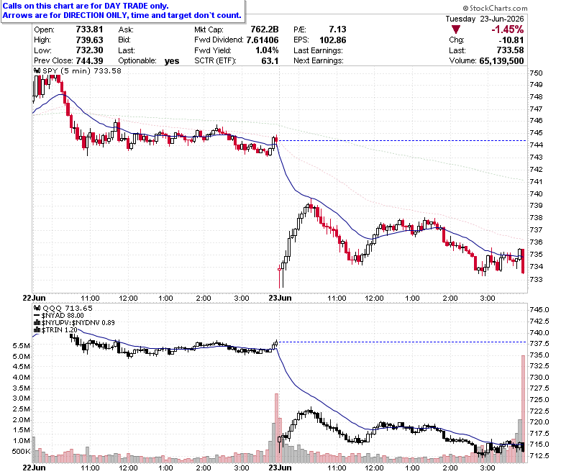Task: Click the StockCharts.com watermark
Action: tap(495, 8)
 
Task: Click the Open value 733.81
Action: tap(89, 29)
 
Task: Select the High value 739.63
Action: tap(89, 40)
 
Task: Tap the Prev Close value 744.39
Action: tap(89, 60)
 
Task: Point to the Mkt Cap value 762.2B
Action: tap(265, 29)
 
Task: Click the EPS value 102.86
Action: tap(333, 40)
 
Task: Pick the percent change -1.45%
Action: tap(507, 29)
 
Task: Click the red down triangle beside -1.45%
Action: tap(456, 29)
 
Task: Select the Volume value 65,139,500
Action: tap(501, 61)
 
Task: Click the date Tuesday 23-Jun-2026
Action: tap(485, 19)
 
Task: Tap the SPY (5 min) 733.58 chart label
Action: tap(78, 70)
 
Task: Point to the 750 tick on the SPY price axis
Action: tap(536, 73)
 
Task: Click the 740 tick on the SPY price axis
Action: tap(536, 193)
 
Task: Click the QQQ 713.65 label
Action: tap(63, 308)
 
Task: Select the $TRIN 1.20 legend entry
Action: tap(55, 329)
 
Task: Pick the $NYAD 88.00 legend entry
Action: tap(59, 316)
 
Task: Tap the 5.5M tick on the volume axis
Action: tap(21, 345)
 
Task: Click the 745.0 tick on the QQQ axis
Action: tap(539, 309)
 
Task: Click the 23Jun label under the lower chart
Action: tap(280, 468)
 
